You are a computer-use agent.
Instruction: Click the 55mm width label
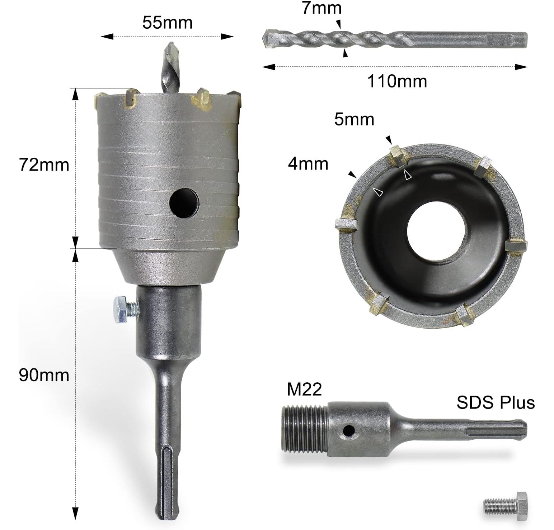pyautogui.click(x=167, y=23)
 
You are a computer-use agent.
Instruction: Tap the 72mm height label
pyautogui.click(x=44, y=165)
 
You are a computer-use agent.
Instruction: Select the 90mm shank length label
pyautogui.click(x=44, y=375)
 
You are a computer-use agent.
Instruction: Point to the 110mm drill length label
pyautogui.click(x=397, y=81)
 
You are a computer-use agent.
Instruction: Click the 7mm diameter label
pyautogui.click(x=321, y=8)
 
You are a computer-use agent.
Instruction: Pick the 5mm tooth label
pyautogui.click(x=354, y=119)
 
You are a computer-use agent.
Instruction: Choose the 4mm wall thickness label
pyautogui.click(x=308, y=164)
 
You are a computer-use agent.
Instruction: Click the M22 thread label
pyautogui.click(x=304, y=389)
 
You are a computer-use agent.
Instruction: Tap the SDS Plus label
pyautogui.click(x=496, y=402)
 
